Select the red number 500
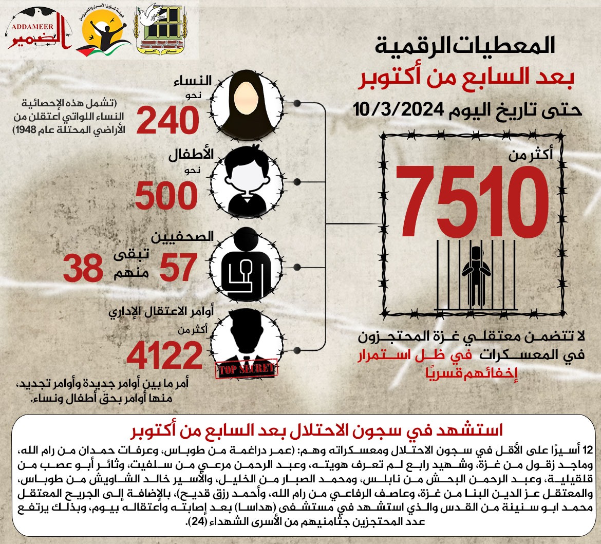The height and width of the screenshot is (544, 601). pos(166,196)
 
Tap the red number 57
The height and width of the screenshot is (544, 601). pos(178,267)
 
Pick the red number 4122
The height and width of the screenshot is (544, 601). pos(165,355)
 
